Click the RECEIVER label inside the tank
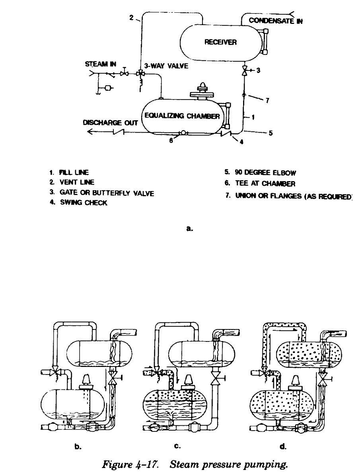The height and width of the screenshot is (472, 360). (220, 42)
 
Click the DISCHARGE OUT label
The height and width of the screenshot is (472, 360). (109, 123)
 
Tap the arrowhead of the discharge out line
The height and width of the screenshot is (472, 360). (90, 133)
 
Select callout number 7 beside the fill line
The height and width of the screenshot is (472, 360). (267, 101)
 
